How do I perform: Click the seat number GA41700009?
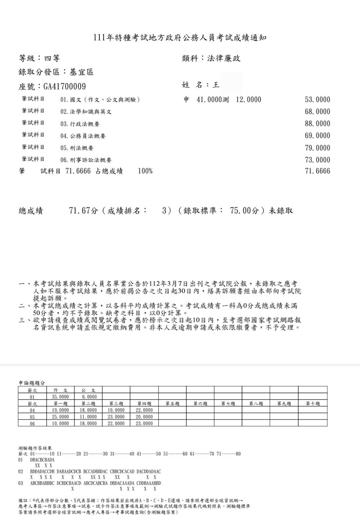64,87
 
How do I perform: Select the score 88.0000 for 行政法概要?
317,124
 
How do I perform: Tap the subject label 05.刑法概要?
77,148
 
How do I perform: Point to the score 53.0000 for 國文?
317,100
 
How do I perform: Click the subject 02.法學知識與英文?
86,112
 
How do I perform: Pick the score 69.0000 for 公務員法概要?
317,136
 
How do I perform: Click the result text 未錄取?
281,211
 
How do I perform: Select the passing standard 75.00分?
244,211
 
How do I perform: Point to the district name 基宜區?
81,72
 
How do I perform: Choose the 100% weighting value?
145,171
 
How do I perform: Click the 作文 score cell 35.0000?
60,397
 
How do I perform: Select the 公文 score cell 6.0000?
88,397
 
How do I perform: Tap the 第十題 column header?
313,404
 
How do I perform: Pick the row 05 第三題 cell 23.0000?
116,417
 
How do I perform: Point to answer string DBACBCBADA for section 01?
42,460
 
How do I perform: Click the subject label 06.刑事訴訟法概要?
86,160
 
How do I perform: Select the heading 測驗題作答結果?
35,448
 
